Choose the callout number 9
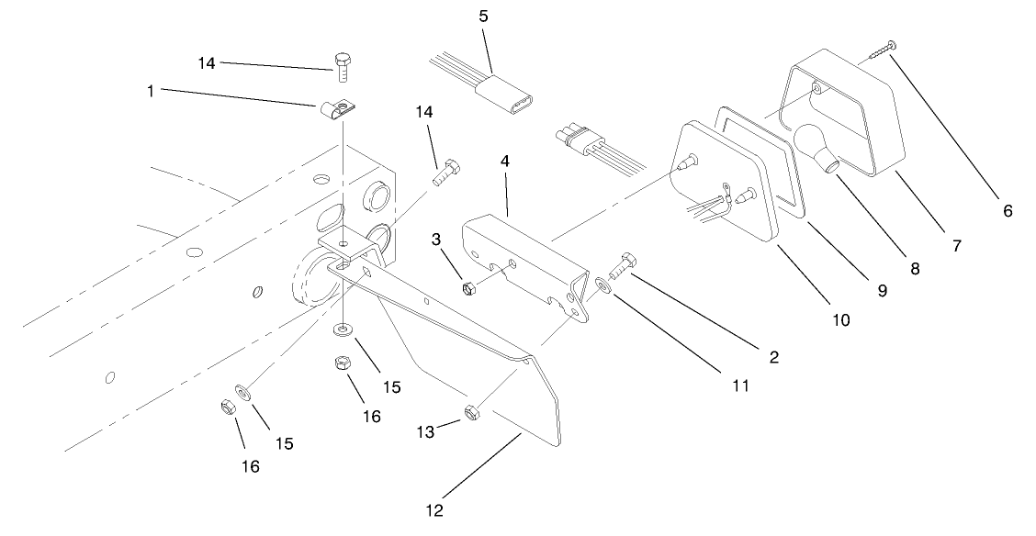(882, 290)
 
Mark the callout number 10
(839, 319)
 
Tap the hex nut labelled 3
(467, 288)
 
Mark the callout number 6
(1007, 210)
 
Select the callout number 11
(740, 385)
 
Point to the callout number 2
(773, 357)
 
